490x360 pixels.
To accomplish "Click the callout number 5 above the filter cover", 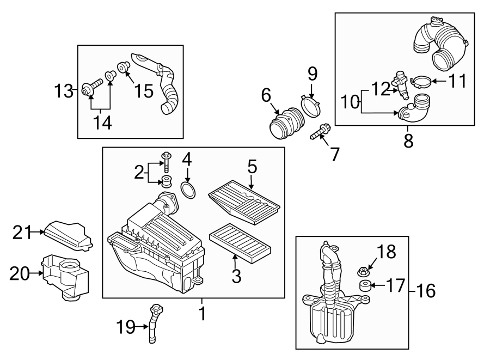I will click(x=252, y=167).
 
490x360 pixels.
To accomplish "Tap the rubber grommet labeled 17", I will click(x=365, y=286).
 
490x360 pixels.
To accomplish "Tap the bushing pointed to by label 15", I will click(x=124, y=68).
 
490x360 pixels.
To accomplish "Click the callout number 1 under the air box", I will click(x=201, y=314).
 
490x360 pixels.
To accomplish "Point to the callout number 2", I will click(x=138, y=173).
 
